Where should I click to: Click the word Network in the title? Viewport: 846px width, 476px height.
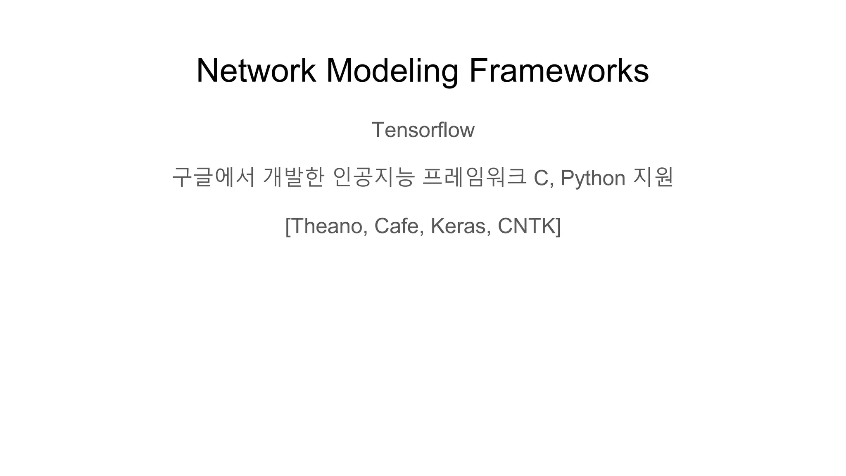pyautogui.click(x=256, y=71)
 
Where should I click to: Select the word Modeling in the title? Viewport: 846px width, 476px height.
pyautogui.click(x=392, y=71)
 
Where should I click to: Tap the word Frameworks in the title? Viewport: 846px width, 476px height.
pyautogui.click(x=558, y=71)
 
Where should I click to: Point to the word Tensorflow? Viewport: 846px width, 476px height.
pyautogui.click(x=423, y=130)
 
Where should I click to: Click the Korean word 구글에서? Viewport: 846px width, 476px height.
pyautogui.click(x=213, y=177)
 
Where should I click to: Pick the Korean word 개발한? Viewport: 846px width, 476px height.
pyautogui.click(x=294, y=177)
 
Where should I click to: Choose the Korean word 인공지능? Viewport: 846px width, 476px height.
pyautogui.click(x=373, y=177)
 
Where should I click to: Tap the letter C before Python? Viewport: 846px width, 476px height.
pyautogui.click(x=542, y=178)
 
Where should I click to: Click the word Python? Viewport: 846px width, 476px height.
pyautogui.click(x=593, y=178)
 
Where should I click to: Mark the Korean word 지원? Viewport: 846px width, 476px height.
pyautogui.click(x=653, y=177)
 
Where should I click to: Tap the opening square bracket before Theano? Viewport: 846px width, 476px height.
pyautogui.click(x=288, y=226)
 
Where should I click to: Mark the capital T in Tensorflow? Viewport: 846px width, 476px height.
pyautogui.click(x=378, y=130)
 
